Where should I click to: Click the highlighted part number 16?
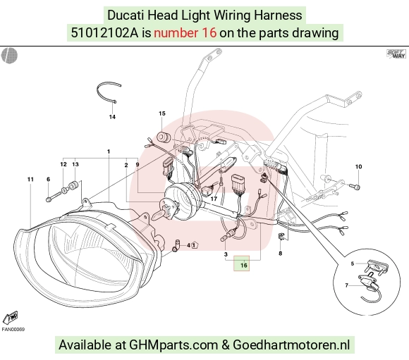tap(243, 265)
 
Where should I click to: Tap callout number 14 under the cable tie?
tap(112, 117)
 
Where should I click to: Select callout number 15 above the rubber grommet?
tap(162, 113)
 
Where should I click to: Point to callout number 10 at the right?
tap(358, 166)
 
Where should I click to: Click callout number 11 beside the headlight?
tap(30, 180)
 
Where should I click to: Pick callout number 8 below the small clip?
tap(280, 253)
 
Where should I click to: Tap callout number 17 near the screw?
tap(214, 199)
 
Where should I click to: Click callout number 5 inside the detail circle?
tap(352, 263)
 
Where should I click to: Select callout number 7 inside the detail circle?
tap(346, 285)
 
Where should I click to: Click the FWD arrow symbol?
tap(11, 317)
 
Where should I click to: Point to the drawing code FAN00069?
tap(13, 329)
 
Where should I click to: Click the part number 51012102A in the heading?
tap(104, 33)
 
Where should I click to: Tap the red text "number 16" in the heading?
tap(185, 33)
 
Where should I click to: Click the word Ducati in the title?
tap(126, 15)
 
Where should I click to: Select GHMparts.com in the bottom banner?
tap(173, 345)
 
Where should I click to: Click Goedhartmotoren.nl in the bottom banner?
tap(291, 345)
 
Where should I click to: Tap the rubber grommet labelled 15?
tap(164, 137)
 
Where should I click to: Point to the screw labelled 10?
tap(355, 186)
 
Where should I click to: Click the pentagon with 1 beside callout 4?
tap(195, 245)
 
